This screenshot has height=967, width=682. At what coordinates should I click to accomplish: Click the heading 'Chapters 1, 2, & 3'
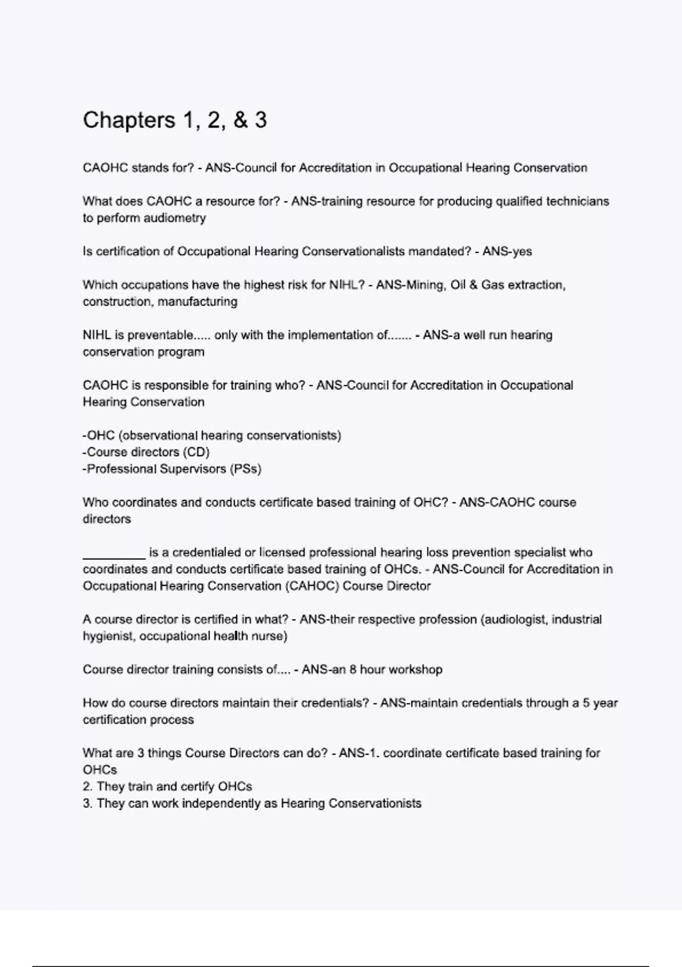(x=174, y=121)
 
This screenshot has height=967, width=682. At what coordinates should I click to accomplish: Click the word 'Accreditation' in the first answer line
(x=335, y=168)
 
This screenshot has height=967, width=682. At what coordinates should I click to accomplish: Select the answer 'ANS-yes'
(x=507, y=251)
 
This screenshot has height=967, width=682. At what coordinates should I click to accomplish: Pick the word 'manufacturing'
(x=197, y=301)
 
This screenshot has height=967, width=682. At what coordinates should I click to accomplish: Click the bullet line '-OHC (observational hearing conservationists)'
(x=212, y=436)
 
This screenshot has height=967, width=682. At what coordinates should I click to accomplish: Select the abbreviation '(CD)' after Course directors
(x=196, y=452)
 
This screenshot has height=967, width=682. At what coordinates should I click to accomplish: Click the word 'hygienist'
(x=108, y=636)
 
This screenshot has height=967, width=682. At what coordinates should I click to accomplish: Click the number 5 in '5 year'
(x=576, y=703)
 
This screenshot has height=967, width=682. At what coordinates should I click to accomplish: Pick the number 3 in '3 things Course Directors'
(x=140, y=753)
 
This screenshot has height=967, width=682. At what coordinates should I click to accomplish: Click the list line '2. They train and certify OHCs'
(x=167, y=787)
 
